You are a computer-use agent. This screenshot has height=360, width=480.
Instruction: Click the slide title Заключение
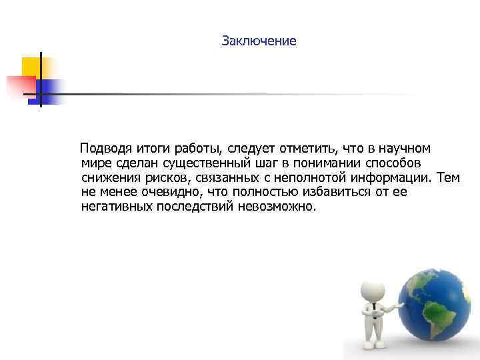(259, 41)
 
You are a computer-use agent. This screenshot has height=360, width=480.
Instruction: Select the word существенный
(206, 163)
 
